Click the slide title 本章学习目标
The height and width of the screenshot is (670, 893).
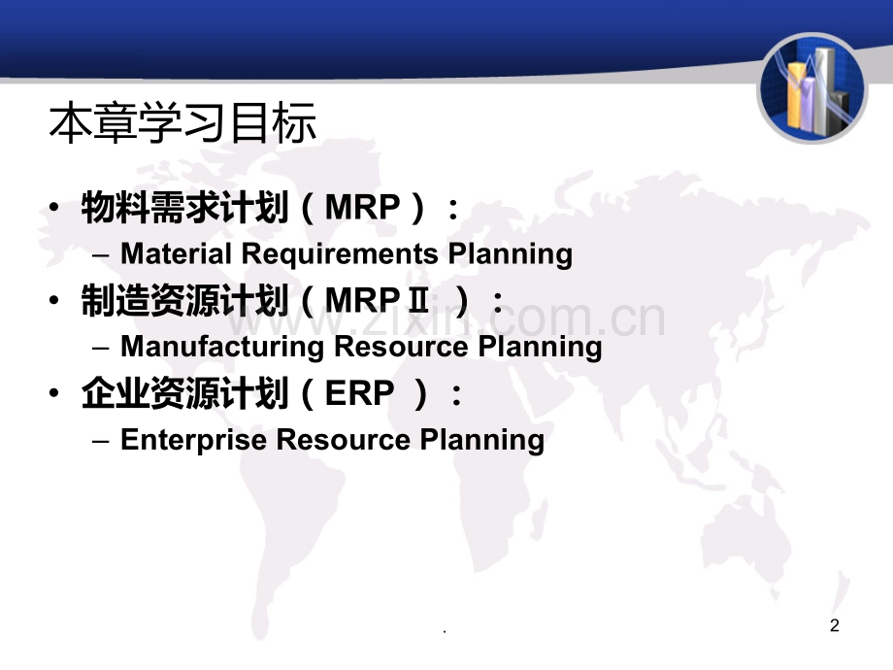coord(182,122)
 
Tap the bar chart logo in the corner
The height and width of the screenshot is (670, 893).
coord(812,88)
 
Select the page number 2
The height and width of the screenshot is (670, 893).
coord(835,625)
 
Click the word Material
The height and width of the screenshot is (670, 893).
coord(176,253)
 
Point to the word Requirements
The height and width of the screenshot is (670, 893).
coord(340,254)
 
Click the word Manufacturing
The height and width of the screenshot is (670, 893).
coord(222,347)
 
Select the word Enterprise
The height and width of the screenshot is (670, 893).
coord(193,440)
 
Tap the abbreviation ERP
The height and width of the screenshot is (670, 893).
coord(359,393)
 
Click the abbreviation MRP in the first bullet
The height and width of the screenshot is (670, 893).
coord(363,207)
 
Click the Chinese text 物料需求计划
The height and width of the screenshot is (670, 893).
coord(184,207)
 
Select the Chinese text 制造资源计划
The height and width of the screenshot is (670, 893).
coord(184,300)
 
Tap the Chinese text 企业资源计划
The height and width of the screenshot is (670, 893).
coord(184,393)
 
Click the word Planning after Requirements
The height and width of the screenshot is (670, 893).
coord(511,254)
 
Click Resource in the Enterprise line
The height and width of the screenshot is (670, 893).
coord(343,440)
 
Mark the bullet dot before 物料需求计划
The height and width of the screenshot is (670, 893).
coord(54,207)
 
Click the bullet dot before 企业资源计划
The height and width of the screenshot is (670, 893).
coord(54,393)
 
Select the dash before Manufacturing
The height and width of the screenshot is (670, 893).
coord(100,348)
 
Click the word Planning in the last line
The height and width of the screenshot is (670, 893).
coord(481,441)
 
